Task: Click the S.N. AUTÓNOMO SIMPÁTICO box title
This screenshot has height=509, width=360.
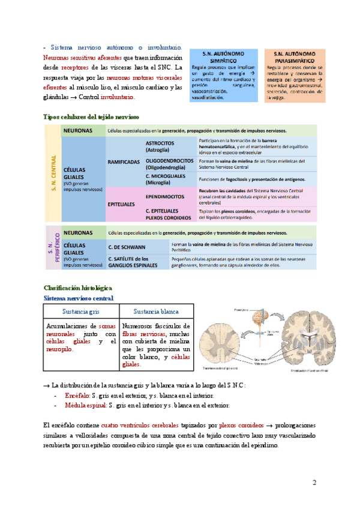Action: pos(226,57)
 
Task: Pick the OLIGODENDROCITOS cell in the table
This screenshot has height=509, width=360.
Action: pos(169,164)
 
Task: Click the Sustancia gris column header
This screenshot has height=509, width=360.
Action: pos(80,312)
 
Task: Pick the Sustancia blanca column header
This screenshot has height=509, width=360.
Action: pos(156,312)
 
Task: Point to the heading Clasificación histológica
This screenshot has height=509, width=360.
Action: pos(78,288)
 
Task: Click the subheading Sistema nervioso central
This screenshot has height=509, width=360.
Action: pos(79,298)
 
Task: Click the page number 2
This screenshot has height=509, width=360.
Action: pos(314,483)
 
